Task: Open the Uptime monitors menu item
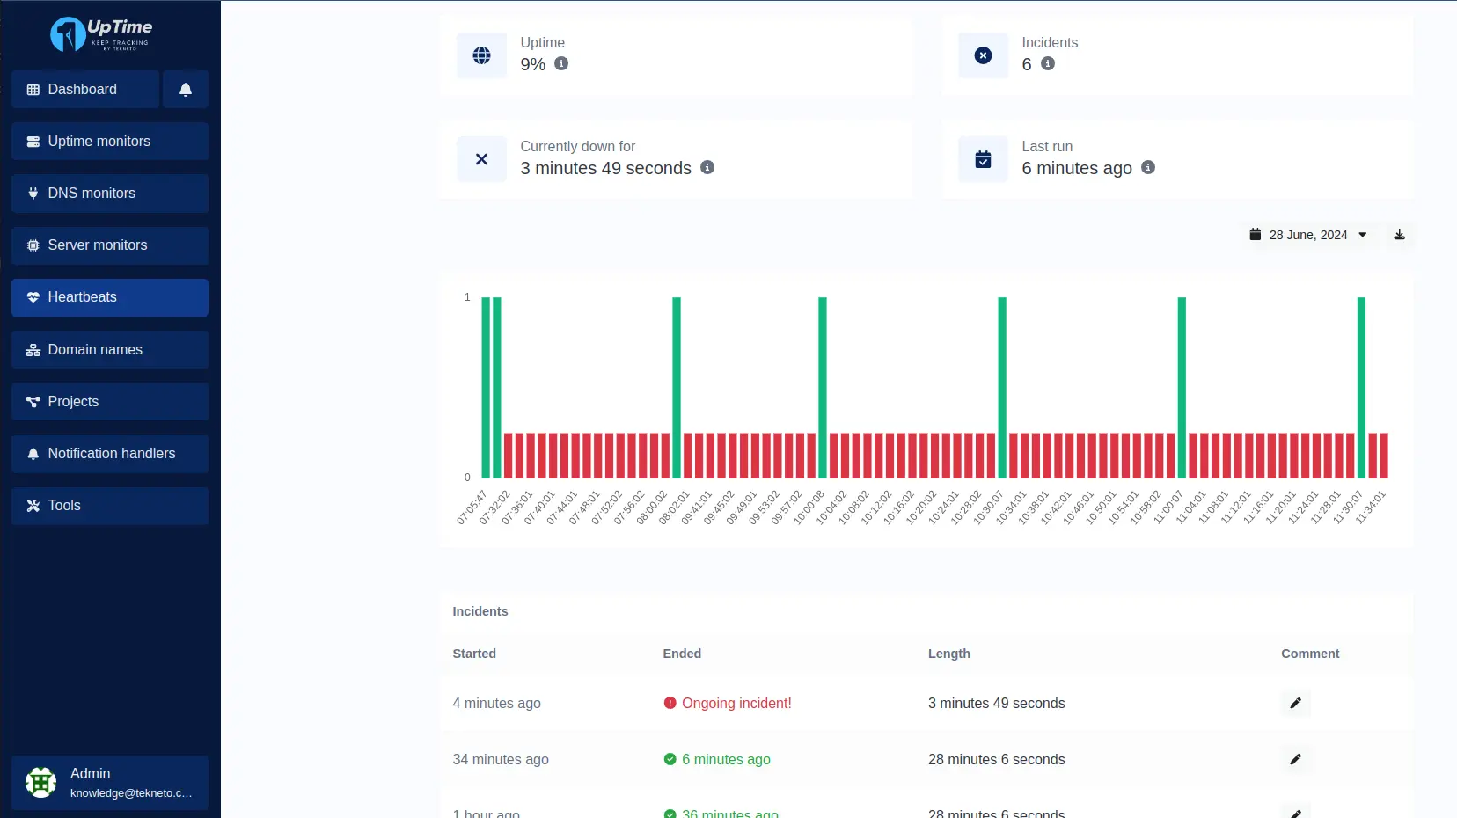tap(110, 142)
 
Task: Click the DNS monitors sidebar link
tap(110, 194)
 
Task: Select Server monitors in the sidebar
tap(110, 245)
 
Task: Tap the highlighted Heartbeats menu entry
tap(110, 297)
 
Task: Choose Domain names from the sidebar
tap(110, 350)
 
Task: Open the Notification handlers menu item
tap(110, 454)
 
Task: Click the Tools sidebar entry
tap(110, 506)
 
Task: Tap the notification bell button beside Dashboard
tap(186, 90)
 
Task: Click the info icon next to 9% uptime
tap(561, 63)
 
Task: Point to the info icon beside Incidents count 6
tap(1048, 63)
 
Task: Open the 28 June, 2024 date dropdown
tap(1308, 235)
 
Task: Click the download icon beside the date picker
tap(1399, 235)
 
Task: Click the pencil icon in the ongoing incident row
tap(1295, 703)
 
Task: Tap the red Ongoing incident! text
tap(736, 704)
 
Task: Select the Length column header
tap(948, 654)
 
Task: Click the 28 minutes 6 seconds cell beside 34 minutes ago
tap(996, 760)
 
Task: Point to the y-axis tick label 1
tap(467, 297)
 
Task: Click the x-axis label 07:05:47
tap(472, 508)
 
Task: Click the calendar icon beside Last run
tap(983, 159)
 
